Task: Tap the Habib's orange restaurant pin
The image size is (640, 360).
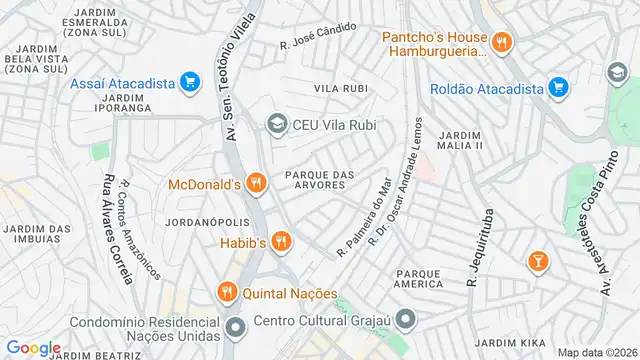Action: [282, 241]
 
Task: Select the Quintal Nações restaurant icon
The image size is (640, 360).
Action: [226, 292]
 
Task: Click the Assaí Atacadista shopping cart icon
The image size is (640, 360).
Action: [188, 83]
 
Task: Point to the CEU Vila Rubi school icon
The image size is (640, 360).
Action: [275, 124]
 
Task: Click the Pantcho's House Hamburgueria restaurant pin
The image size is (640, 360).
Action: [502, 43]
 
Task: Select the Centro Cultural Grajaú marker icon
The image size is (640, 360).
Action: [406, 320]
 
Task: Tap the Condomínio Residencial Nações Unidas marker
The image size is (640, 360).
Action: [236, 327]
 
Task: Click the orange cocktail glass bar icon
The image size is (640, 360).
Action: [538, 261]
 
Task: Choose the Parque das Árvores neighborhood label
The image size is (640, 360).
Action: [320, 178]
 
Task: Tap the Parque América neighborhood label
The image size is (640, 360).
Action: [418, 278]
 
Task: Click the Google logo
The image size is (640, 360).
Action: [33, 347]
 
